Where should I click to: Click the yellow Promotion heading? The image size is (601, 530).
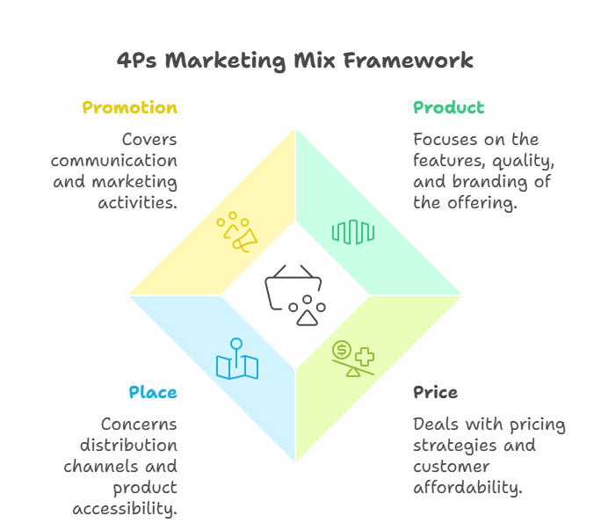129,108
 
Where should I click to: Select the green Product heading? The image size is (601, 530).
448,108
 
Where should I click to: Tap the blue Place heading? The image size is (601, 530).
153,392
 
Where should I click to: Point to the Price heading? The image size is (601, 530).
436,392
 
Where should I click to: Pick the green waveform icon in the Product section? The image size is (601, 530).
353,232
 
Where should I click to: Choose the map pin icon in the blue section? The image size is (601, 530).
236,359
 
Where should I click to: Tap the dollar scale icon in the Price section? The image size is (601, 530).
353,359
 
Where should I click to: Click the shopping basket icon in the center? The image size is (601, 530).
295,294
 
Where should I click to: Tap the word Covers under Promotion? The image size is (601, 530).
149,140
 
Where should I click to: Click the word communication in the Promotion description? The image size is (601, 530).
114,161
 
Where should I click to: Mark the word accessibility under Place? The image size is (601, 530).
126,509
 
